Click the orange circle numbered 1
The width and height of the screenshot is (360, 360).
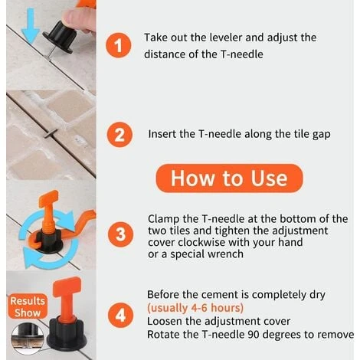[x=118, y=45]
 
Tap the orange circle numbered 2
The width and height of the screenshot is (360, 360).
[x=119, y=134]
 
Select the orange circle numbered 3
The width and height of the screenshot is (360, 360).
[x=120, y=234]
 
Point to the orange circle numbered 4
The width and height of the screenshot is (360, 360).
[x=120, y=315]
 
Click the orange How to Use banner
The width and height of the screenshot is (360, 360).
[x=229, y=178]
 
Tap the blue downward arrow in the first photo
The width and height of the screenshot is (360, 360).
[x=31, y=25]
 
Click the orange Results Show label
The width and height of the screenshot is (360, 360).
[x=28, y=306]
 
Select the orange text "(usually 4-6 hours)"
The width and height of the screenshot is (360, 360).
[x=195, y=308]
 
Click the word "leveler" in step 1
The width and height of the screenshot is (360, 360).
[x=226, y=38]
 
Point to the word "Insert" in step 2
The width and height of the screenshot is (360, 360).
[x=162, y=134]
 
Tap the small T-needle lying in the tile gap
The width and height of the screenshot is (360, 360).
[x=51, y=133]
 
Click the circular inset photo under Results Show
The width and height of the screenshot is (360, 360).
[x=28, y=339]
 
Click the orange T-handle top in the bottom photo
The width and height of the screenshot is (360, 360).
[x=67, y=286]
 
